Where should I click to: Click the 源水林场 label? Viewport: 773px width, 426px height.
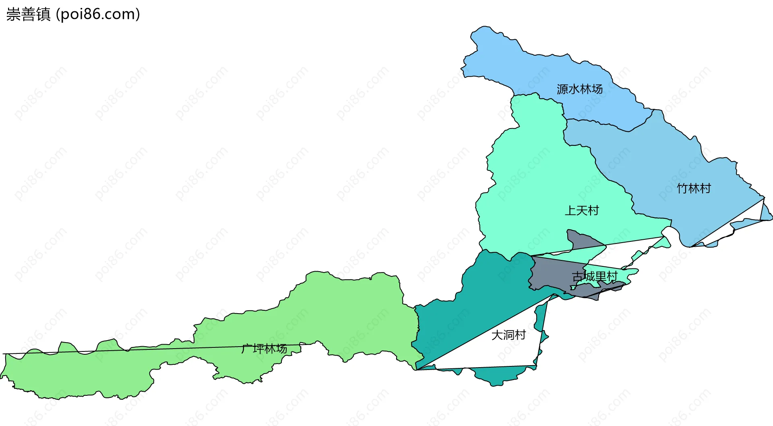tap(579, 89)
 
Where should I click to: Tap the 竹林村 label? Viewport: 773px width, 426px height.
tap(694, 188)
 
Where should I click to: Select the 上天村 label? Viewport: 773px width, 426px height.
tap(582, 210)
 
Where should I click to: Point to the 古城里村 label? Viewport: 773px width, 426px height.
tap(595, 276)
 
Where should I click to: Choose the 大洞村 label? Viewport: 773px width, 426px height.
tap(508, 335)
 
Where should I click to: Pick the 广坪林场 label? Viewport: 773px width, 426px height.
tap(264, 349)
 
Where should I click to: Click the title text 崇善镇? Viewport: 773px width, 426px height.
tap(28, 15)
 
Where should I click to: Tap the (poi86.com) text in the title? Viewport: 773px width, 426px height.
tap(98, 15)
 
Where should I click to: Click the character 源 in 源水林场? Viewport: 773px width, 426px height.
tap(562, 89)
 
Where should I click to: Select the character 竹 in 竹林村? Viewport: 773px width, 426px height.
tap(682, 188)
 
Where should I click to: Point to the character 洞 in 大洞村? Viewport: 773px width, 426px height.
tap(508, 335)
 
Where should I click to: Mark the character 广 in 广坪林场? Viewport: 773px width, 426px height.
tap(247, 349)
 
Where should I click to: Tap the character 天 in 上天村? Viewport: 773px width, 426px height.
tap(582, 210)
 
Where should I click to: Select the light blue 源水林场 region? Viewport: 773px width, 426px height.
tap(523, 69)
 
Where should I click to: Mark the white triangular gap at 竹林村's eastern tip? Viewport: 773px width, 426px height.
tap(745, 218)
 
